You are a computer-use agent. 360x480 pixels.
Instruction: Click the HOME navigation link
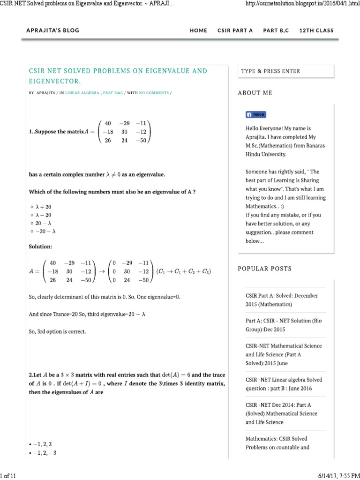198,30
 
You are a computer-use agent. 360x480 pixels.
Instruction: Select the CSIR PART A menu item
235,30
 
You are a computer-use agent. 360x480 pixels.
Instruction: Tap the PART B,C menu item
276,30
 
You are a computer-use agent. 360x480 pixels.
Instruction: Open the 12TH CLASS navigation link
316,30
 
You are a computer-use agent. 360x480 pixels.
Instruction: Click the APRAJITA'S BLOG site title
53,30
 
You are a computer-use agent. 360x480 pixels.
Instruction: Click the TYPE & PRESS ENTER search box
286,71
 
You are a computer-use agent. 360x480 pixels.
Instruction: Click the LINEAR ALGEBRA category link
82,93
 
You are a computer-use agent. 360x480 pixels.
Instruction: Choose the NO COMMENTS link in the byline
153,93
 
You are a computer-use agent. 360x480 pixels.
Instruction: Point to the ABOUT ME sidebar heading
255,93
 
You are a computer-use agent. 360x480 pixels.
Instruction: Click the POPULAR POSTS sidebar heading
264,269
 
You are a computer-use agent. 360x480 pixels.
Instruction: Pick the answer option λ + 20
43,206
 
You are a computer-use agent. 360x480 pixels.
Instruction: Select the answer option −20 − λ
45,231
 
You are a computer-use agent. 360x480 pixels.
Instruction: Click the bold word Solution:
41,246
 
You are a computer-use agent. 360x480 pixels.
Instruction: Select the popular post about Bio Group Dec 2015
284,325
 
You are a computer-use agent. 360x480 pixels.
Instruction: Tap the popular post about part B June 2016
284,384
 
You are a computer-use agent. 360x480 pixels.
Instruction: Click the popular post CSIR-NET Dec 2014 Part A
281,413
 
